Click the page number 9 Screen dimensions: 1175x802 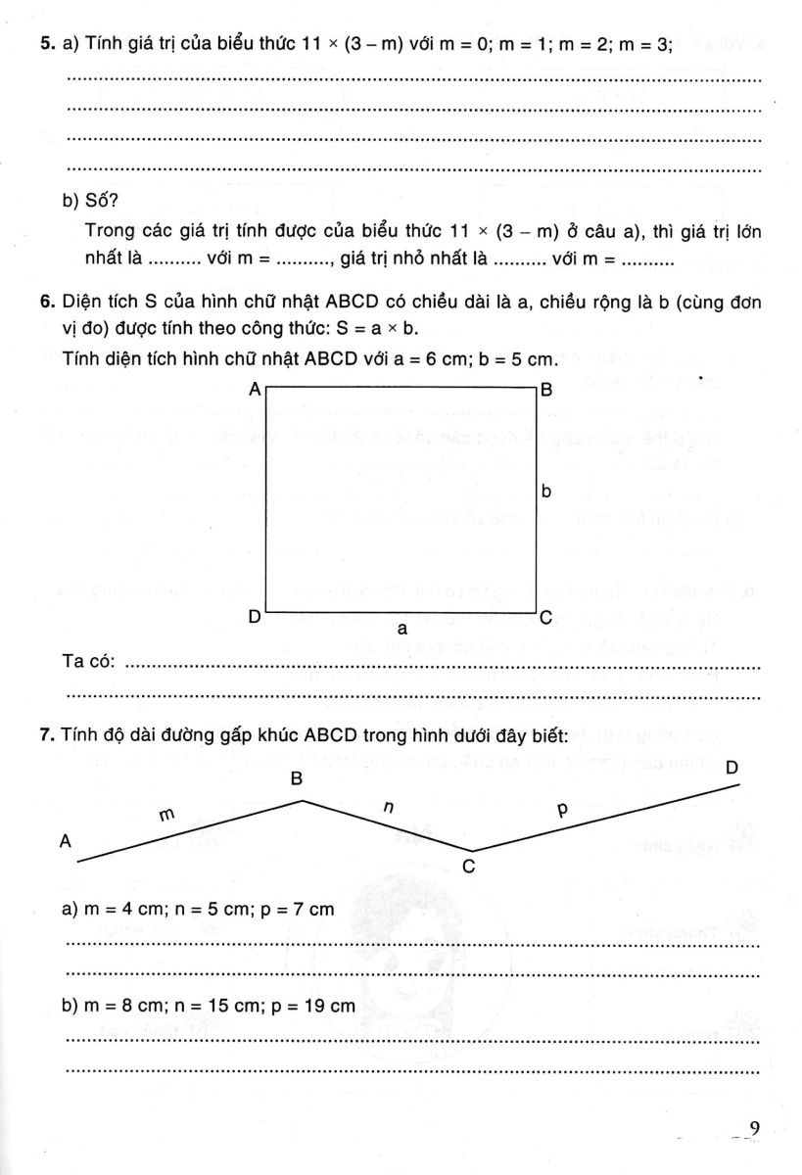point(753,1129)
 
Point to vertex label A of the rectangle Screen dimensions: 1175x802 point(255,389)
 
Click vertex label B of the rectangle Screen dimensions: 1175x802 point(547,390)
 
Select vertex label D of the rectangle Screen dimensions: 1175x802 point(254,618)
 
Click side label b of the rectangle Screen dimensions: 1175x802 point(546,493)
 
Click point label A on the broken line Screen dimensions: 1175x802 point(67,840)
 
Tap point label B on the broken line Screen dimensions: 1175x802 point(296,779)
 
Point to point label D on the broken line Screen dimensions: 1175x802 point(731,769)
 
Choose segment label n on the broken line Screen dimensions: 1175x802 point(388,808)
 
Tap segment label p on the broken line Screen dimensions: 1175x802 point(561,810)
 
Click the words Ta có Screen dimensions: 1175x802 point(89,663)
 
